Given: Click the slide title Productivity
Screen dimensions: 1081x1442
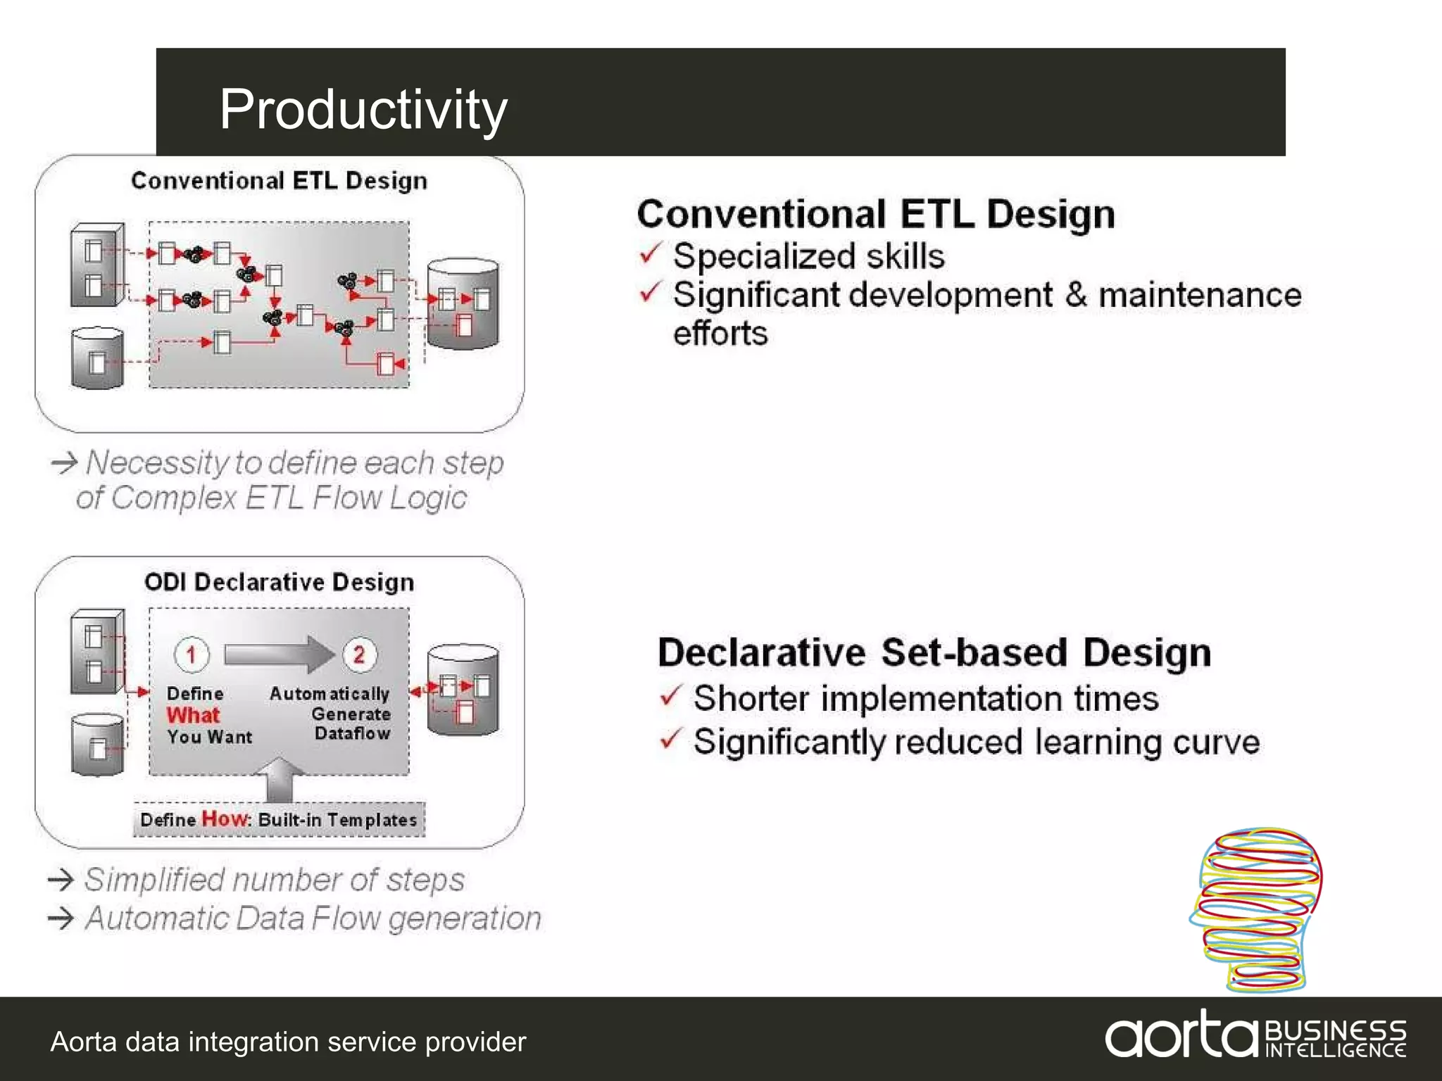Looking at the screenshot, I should [363, 109].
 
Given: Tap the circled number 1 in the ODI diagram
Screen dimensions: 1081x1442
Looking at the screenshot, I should [192, 655].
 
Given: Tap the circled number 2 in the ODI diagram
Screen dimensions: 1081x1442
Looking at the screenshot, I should [359, 655].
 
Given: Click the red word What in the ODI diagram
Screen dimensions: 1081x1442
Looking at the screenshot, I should [194, 715].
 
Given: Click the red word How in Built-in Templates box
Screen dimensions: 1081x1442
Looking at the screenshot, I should [225, 818].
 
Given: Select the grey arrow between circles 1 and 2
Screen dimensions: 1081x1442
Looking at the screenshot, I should [278, 655].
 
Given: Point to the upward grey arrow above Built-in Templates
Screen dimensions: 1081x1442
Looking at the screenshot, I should [280, 780].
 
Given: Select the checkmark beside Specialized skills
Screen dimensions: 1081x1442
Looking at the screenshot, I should [651, 253].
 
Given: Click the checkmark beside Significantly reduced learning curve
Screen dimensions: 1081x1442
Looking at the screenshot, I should [671, 739].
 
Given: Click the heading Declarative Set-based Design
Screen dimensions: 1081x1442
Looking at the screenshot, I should [934, 652].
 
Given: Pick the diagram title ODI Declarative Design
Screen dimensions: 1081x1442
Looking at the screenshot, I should [279, 582].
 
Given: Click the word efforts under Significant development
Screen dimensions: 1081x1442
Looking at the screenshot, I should [720, 334].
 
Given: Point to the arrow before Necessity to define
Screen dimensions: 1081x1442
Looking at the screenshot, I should [64, 462].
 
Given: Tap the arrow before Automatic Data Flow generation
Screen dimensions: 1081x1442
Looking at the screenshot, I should [61, 918].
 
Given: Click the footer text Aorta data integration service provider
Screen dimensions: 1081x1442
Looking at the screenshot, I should [288, 1042].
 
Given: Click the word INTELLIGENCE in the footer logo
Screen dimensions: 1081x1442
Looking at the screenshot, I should [1335, 1050].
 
